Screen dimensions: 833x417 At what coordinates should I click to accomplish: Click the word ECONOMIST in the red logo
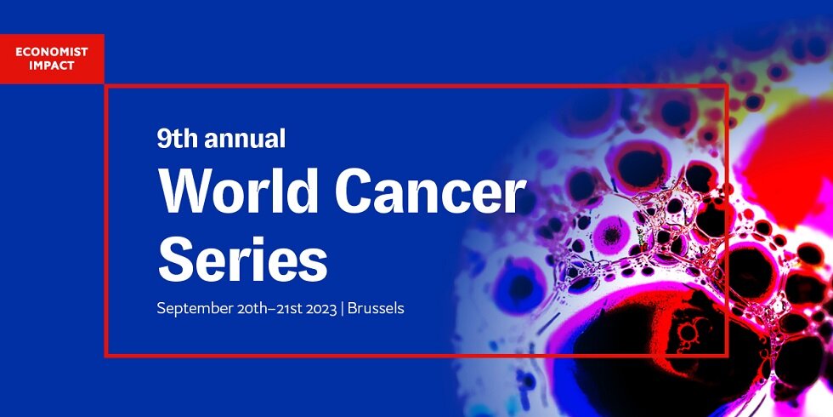(x=52, y=53)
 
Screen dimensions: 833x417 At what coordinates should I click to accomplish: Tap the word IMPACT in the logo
(x=52, y=66)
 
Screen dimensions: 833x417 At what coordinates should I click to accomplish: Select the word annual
(x=245, y=138)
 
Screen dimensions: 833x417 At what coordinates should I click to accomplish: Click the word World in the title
(x=238, y=191)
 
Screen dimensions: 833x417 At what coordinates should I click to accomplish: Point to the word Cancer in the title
(x=430, y=191)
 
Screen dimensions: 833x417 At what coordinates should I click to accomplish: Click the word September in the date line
(x=194, y=308)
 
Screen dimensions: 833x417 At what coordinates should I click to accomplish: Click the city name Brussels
(x=375, y=308)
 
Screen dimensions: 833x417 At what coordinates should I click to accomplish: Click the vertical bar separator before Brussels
(x=342, y=309)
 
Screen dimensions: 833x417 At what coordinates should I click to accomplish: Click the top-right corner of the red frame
(x=726, y=86)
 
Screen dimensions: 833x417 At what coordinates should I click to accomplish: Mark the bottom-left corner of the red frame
(x=106, y=354)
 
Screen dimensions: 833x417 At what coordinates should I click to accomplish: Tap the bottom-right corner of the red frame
(x=726, y=354)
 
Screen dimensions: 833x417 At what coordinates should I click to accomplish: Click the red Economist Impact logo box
(x=52, y=59)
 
